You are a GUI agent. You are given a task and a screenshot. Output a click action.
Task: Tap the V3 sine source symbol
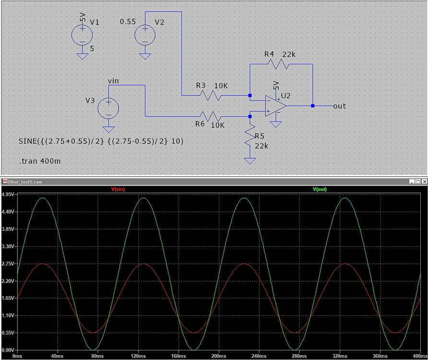click(109, 108)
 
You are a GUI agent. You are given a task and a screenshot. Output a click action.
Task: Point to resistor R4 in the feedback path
click(281, 64)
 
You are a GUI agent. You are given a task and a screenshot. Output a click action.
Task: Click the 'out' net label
click(339, 106)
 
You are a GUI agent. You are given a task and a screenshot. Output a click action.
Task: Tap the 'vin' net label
click(114, 80)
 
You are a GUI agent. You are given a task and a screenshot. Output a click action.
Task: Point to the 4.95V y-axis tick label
click(9, 194)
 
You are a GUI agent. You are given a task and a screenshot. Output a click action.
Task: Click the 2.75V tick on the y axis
click(9, 264)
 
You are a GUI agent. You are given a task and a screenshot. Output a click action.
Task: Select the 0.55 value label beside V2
click(128, 22)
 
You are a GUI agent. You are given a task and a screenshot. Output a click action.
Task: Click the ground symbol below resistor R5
click(250, 160)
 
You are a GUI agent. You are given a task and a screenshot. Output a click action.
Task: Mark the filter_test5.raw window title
click(24, 181)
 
